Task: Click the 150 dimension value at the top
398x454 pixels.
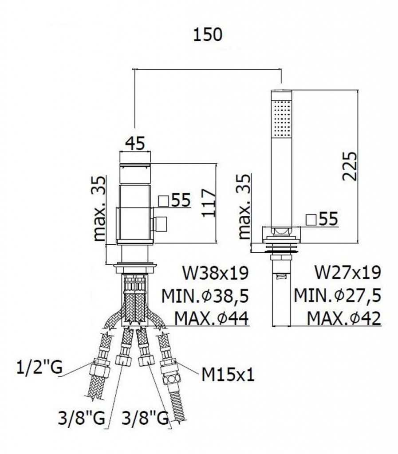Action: [208, 35]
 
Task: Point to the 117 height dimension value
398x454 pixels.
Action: [209, 203]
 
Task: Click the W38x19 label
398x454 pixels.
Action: [216, 273]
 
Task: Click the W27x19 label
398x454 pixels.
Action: [348, 273]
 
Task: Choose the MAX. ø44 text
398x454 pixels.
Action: [212, 319]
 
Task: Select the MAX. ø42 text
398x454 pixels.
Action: [344, 319]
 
